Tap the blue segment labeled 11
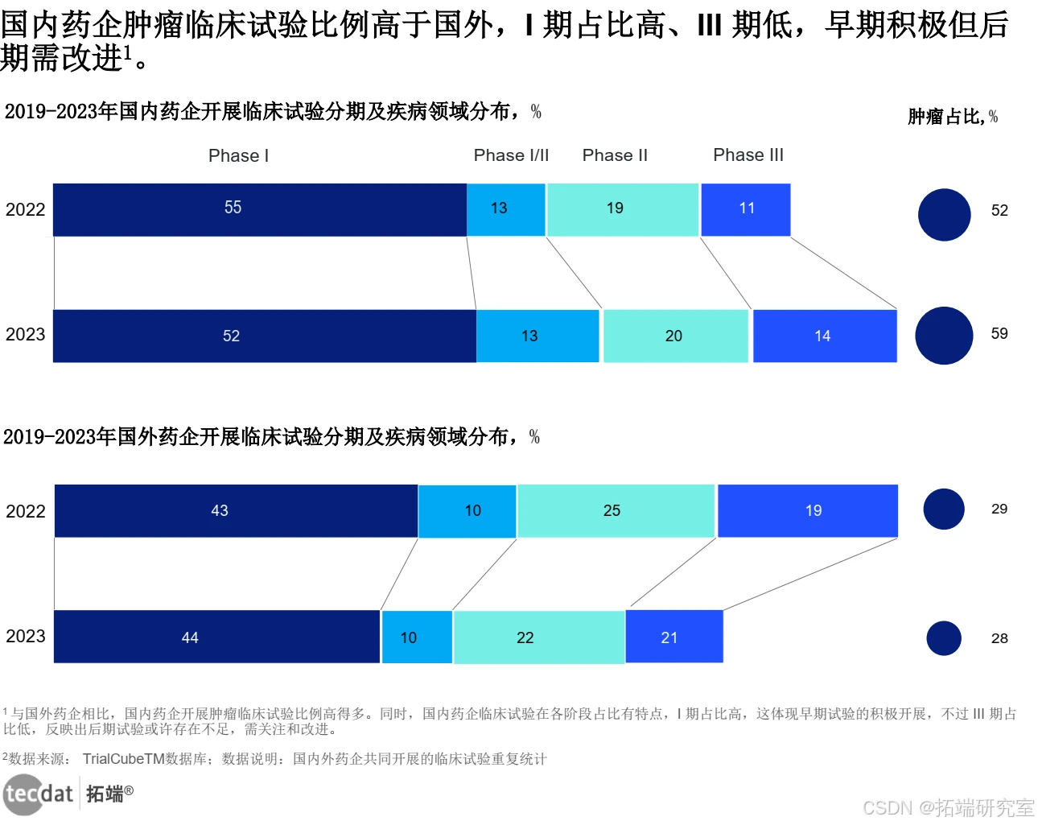(x=745, y=209)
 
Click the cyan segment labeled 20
(x=675, y=336)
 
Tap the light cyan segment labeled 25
(x=616, y=510)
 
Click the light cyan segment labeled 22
(x=538, y=637)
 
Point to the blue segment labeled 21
(x=673, y=637)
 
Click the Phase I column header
(x=238, y=155)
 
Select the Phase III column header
(x=748, y=155)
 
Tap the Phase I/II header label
(x=511, y=155)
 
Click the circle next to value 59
(x=944, y=336)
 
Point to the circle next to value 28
(x=943, y=638)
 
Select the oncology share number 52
(x=999, y=210)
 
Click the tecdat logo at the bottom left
(x=39, y=794)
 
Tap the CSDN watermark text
(x=948, y=807)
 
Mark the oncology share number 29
(x=999, y=509)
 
